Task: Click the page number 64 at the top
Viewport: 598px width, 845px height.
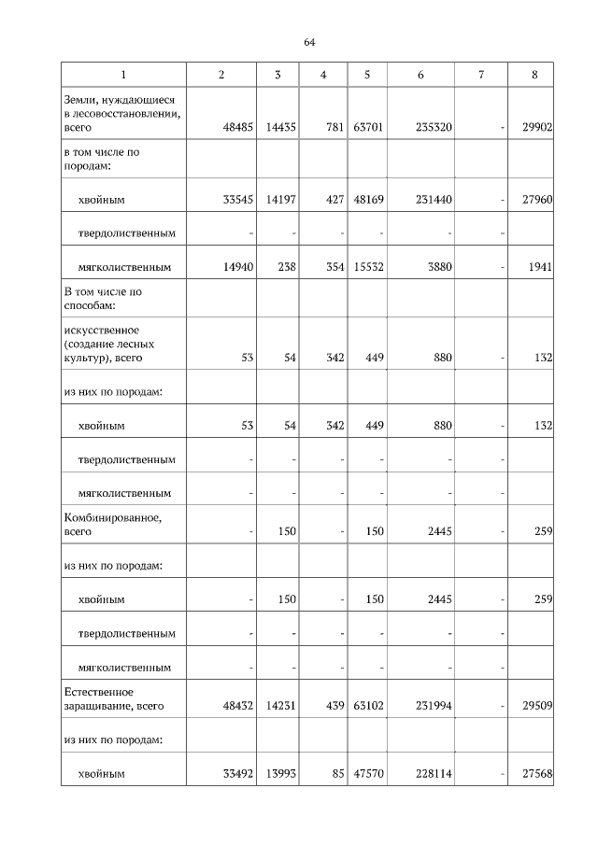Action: coord(309,43)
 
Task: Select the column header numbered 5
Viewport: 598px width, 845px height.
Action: coord(367,75)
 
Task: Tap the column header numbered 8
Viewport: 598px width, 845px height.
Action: coord(534,75)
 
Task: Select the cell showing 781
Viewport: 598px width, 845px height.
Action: coord(328,127)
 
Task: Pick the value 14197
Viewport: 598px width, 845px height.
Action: coord(278,199)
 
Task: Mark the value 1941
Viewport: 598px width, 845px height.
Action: coord(540,266)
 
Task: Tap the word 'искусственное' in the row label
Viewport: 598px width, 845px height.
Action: coord(101,330)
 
